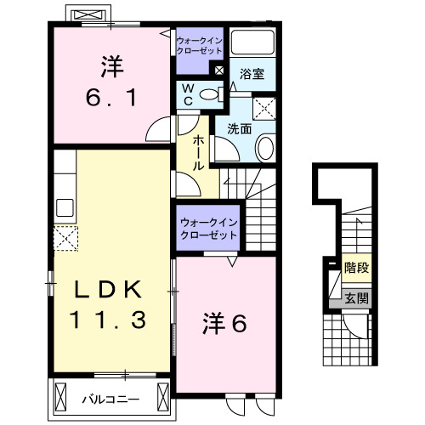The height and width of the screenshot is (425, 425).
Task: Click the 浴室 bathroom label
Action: pos(251,74)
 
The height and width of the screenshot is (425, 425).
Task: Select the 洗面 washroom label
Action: pos(239,129)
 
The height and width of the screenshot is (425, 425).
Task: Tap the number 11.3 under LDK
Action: pos(110,320)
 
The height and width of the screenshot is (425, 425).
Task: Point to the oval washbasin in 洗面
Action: pos(264,150)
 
